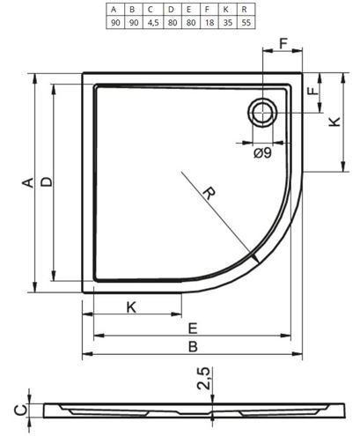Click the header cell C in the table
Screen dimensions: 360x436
[151, 10]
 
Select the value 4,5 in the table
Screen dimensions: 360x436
[153, 23]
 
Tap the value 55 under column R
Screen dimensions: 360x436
[246, 23]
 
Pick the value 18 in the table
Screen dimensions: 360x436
[209, 23]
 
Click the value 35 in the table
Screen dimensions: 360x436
[228, 23]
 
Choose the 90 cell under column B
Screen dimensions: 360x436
[134, 23]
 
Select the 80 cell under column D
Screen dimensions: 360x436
[173, 23]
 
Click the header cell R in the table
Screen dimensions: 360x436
[244, 10]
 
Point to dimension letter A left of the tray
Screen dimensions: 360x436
[28, 182]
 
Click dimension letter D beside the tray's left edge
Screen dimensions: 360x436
[47, 182]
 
